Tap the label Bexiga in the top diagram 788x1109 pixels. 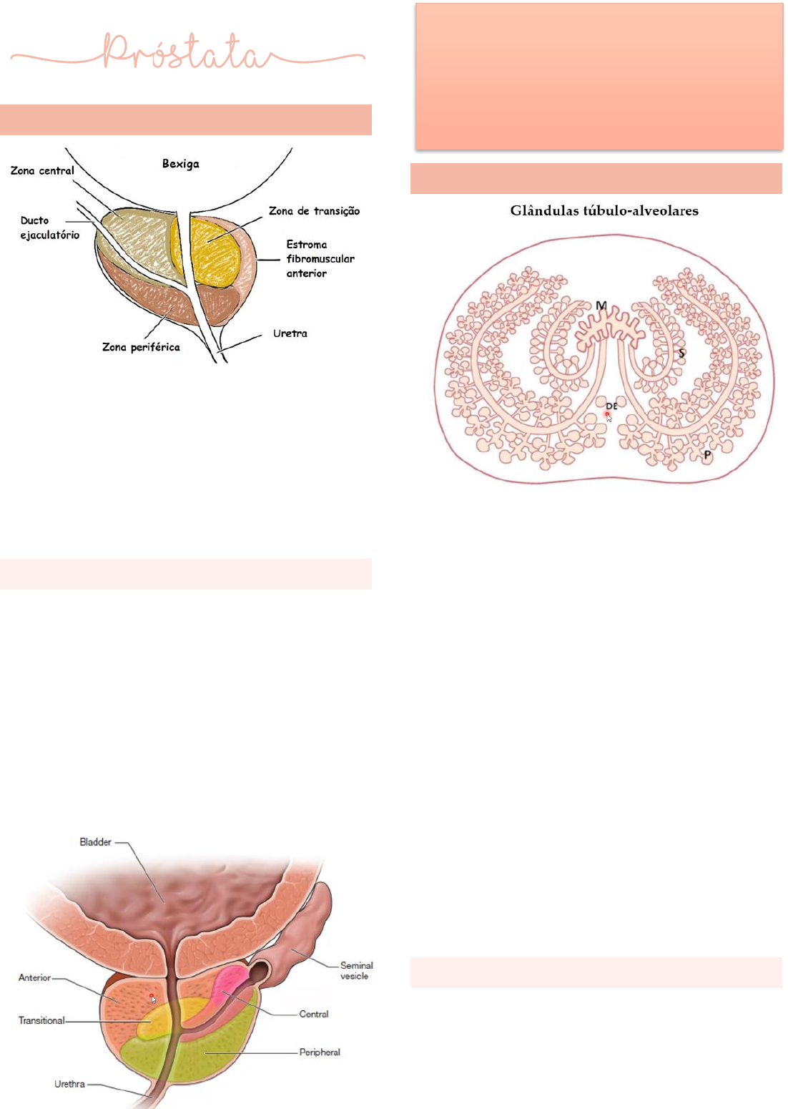pos(180,164)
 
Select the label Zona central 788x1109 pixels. pos(42,171)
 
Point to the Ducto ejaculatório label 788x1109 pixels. pos(49,228)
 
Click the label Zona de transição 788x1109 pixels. pos(314,211)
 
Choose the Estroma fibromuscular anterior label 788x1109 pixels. pos(320,259)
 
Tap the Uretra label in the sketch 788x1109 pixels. pos(290,333)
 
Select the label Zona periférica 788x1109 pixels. pos(141,347)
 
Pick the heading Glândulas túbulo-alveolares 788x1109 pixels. pos(604,210)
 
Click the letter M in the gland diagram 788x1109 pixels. pos(601,306)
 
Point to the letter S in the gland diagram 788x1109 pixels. pos(681,353)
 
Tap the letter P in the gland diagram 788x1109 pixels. pos(707,455)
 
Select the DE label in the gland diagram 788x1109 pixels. pos(611,406)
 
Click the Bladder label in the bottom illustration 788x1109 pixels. pos(95,842)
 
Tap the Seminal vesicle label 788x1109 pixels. pos(355,970)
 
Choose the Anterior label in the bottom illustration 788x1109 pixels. pos(34,977)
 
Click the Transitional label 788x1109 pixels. pos(41,1020)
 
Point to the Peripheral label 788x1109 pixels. pos(320,1052)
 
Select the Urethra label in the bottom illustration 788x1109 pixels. pos(69,1084)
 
